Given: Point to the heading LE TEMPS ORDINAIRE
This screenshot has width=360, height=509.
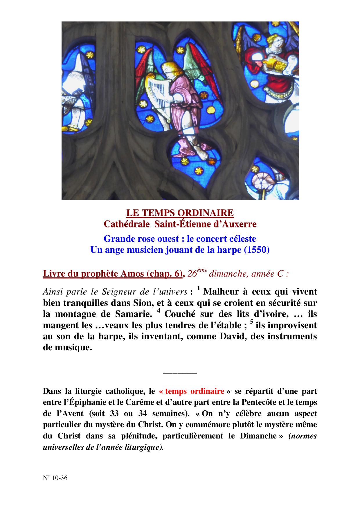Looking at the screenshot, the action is click(180, 213).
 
